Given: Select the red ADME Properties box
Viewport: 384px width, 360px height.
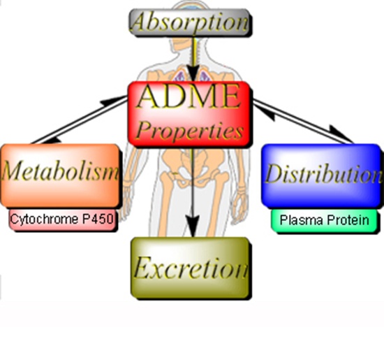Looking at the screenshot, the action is [x=189, y=114].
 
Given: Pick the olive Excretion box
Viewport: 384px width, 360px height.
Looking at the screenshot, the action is [x=190, y=267].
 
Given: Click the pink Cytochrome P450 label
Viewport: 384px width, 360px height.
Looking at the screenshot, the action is [x=62, y=219].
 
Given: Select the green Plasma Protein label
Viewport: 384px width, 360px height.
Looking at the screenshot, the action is [x=324, y=220].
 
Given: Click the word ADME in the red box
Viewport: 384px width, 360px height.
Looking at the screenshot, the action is [x=188, y=96].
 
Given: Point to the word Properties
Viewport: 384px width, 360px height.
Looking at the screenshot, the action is [x=189, y=131].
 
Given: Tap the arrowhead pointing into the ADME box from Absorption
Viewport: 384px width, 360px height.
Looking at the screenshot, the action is [x=193, y=73].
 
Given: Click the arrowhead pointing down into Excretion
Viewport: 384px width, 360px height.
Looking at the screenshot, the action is [x=193, y=226].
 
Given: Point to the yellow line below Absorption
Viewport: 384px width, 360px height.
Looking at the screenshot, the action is [x=193, y=51].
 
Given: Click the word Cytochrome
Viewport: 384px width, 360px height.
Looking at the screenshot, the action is [x=45, y=219].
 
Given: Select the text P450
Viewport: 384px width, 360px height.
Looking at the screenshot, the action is [x=98, y=219].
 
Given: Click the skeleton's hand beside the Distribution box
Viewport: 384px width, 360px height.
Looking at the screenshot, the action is [x=240, y=208].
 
